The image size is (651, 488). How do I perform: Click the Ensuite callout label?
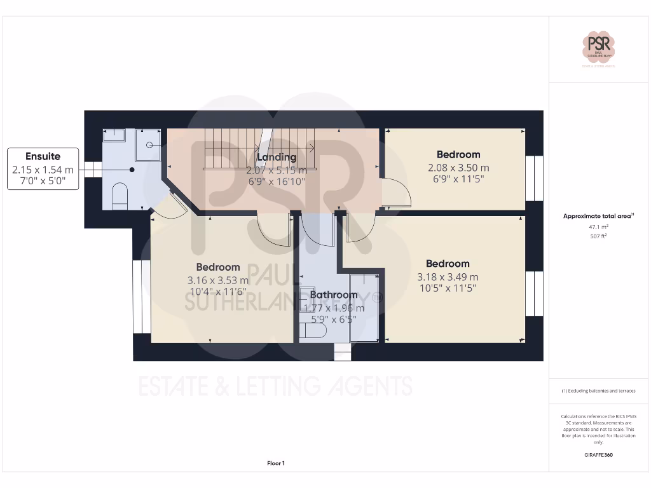[x=43, y=156]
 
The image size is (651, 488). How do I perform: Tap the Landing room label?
[x=277, y=157]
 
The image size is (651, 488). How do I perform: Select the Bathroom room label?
[x=334, y=295]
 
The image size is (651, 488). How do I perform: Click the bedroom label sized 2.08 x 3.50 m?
[x=458, y=154]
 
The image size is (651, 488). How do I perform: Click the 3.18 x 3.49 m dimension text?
[x=448, y=276]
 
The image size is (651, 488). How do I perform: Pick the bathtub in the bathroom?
[x=365, y=308]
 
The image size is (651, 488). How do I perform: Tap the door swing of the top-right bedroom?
[x=396, y=193]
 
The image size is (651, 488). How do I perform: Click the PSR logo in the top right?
[x=599, y=47]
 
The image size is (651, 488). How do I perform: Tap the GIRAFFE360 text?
[x=598, y=455]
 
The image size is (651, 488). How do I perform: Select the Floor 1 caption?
[x=276, y=463]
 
